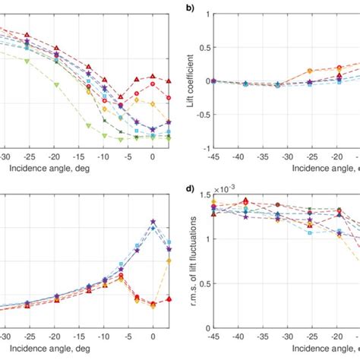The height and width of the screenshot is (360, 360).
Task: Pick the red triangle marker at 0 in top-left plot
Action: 153,77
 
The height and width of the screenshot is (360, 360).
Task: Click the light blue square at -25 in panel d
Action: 310,232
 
